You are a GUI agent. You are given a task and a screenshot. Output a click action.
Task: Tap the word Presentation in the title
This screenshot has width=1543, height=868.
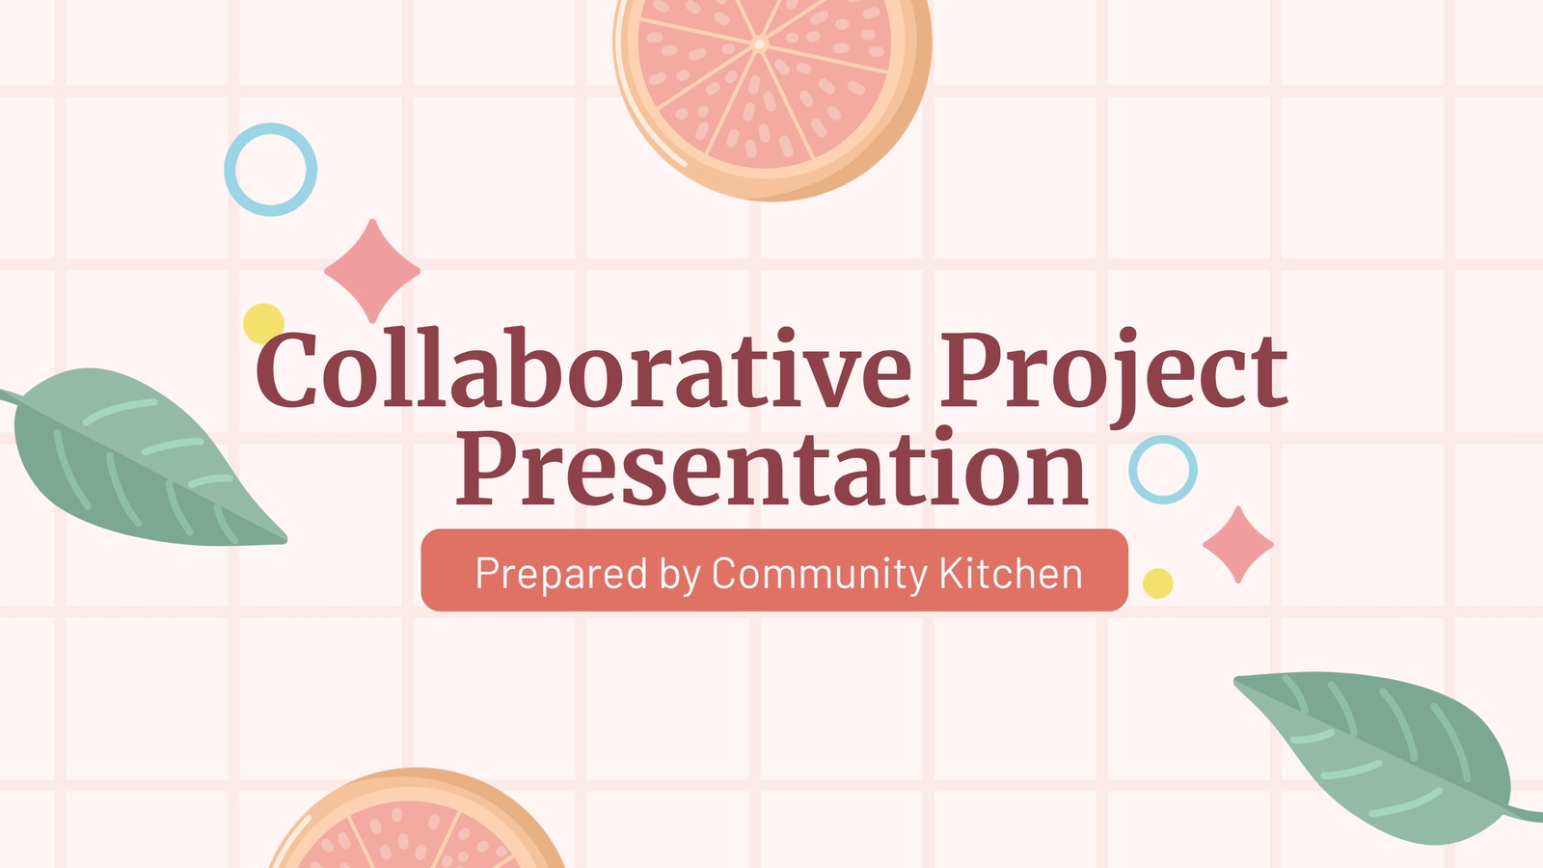[x=771, y=467]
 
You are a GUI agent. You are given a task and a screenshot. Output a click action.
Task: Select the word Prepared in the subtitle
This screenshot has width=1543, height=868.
[x=561, y=574]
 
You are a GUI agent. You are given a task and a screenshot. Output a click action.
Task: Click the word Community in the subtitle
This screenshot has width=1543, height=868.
[x=820, y=574]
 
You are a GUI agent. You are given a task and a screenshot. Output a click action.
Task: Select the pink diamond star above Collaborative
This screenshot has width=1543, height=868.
[x=372, y=271]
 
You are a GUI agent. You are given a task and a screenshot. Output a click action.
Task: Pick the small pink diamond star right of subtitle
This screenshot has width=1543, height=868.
[x=1238, y=544]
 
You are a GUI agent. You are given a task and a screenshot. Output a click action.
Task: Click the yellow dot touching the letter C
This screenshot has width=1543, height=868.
[x=263, y=322]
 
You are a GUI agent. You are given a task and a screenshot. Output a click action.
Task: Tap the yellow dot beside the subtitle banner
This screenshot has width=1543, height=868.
[x=1158, y=583]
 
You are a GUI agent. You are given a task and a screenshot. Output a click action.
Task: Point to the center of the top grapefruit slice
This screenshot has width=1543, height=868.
[x=759, y=45]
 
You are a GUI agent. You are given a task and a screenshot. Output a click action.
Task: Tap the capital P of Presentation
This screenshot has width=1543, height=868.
[x=486, y=467]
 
